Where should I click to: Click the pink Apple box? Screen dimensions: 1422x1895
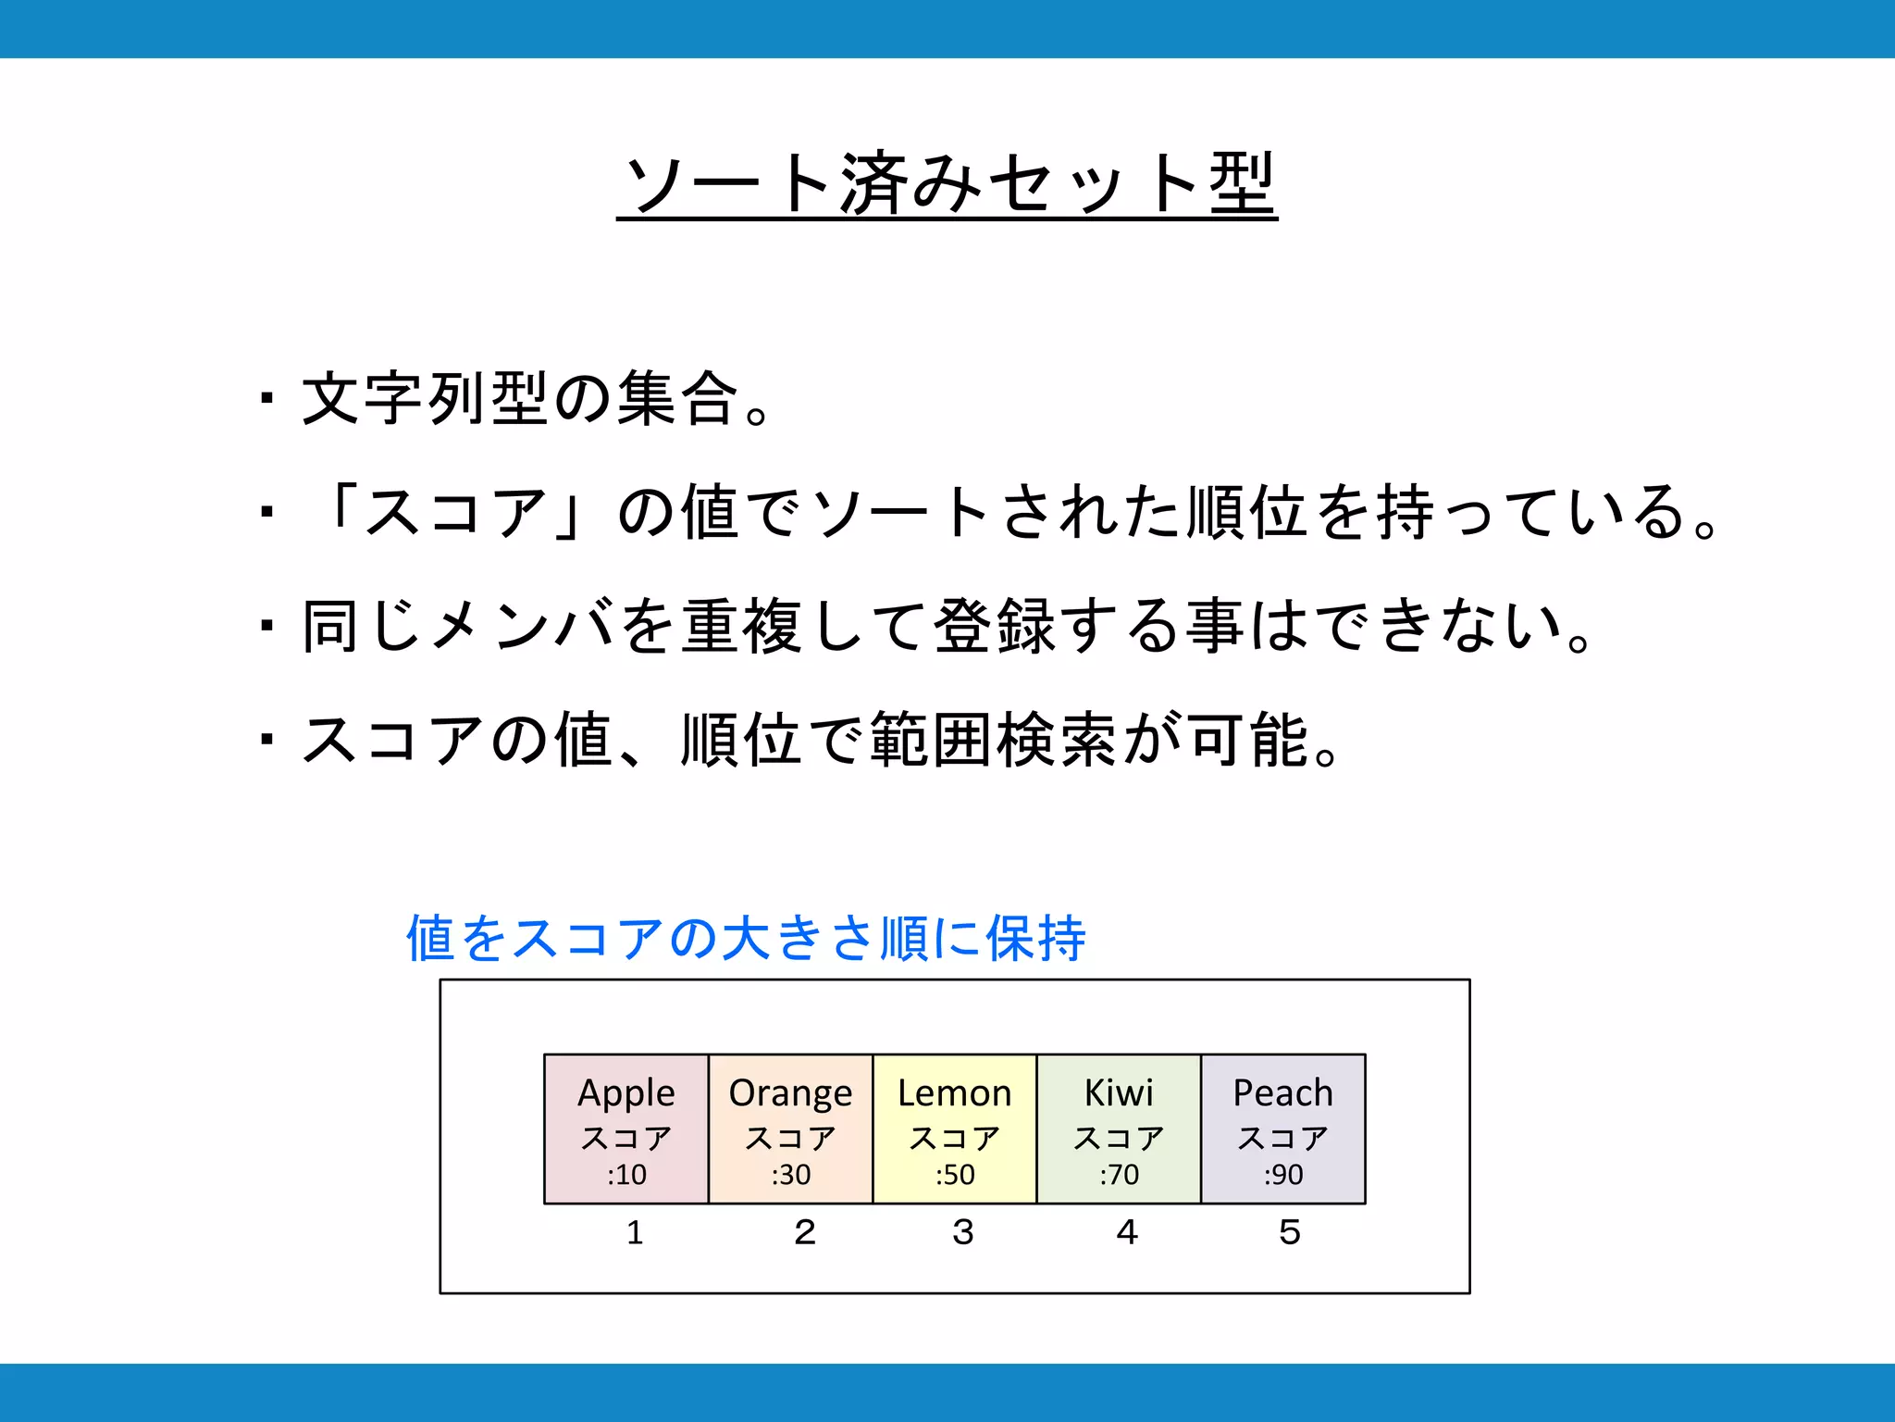point(626,1129)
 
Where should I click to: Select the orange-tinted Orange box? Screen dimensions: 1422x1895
point(790,1129)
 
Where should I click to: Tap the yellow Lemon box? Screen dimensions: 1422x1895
point(954,1129)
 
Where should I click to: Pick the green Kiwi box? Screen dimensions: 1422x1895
point(1119,1129)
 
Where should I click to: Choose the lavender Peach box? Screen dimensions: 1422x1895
point(1282,1129)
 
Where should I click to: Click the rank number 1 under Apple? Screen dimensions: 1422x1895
point(635,1232)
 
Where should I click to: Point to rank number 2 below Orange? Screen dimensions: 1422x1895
point(804,1232)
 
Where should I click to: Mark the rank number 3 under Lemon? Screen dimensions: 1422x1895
point(963,1232)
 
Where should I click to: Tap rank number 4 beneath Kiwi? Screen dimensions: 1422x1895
point(1126,1232)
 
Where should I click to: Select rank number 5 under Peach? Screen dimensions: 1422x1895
point(1290,1232)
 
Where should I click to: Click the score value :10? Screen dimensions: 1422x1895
point(626,1175)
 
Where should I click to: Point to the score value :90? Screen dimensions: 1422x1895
point(1283,1175)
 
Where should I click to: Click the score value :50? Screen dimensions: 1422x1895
point(955,1175)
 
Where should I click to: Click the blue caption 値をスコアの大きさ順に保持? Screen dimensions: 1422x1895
point(746,938)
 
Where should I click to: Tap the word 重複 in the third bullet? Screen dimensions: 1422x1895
point(741,626)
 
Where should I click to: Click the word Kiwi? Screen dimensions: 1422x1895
point(1119,1093)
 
